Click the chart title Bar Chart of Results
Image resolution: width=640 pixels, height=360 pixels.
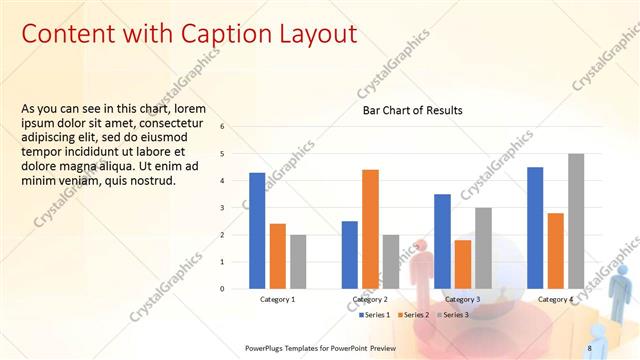point(412,109)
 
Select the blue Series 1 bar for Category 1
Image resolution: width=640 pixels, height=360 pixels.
point(257,231)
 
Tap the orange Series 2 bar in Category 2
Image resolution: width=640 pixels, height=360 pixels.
point(370,229)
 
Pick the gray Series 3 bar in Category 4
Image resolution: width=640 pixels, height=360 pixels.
point(576,221)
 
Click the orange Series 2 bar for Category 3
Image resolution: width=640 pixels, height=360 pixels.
point(462,264)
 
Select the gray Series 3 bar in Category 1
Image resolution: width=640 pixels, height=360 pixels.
point(299,262)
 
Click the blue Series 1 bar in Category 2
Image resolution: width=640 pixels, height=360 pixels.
point(349,255)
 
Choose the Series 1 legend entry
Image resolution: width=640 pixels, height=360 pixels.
point(376,315)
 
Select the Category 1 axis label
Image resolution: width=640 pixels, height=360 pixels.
point(277,299)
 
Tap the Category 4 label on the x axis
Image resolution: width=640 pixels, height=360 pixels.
point(555,299)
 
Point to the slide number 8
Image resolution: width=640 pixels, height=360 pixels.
point(589,348)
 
